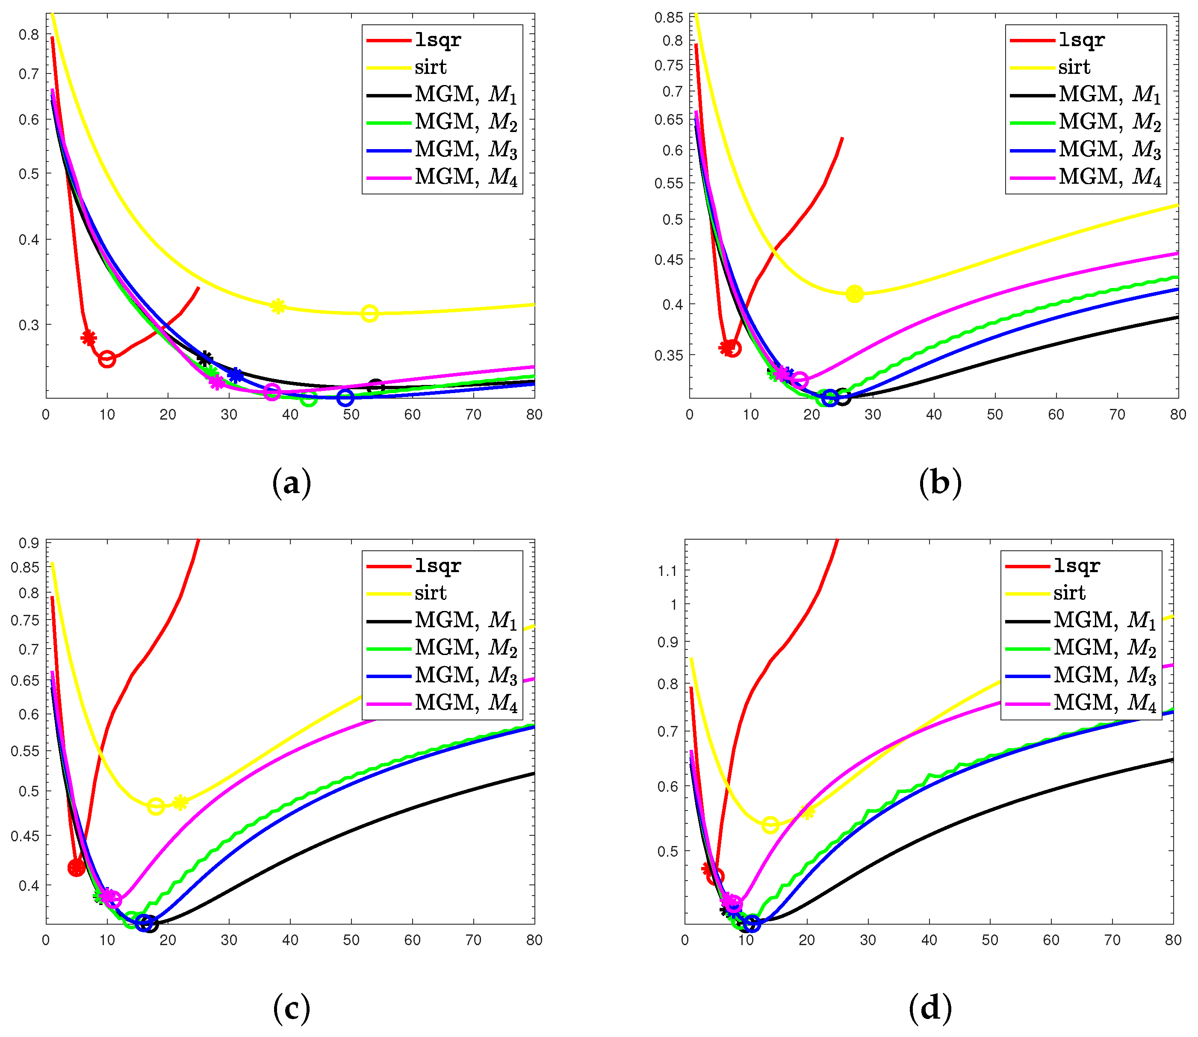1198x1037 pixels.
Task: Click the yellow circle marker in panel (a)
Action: click(369, 314)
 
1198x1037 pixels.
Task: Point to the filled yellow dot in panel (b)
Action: click(855, 294)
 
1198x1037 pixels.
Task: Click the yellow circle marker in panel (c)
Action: click(155, 806)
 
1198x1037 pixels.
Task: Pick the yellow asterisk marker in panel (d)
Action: click(807, 812)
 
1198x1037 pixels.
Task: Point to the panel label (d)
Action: click(930, 1008)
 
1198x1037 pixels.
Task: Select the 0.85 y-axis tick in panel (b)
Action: click(668, 18)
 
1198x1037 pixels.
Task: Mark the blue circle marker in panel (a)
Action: click(345, 397)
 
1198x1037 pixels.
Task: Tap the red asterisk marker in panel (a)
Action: click(89, 338)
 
